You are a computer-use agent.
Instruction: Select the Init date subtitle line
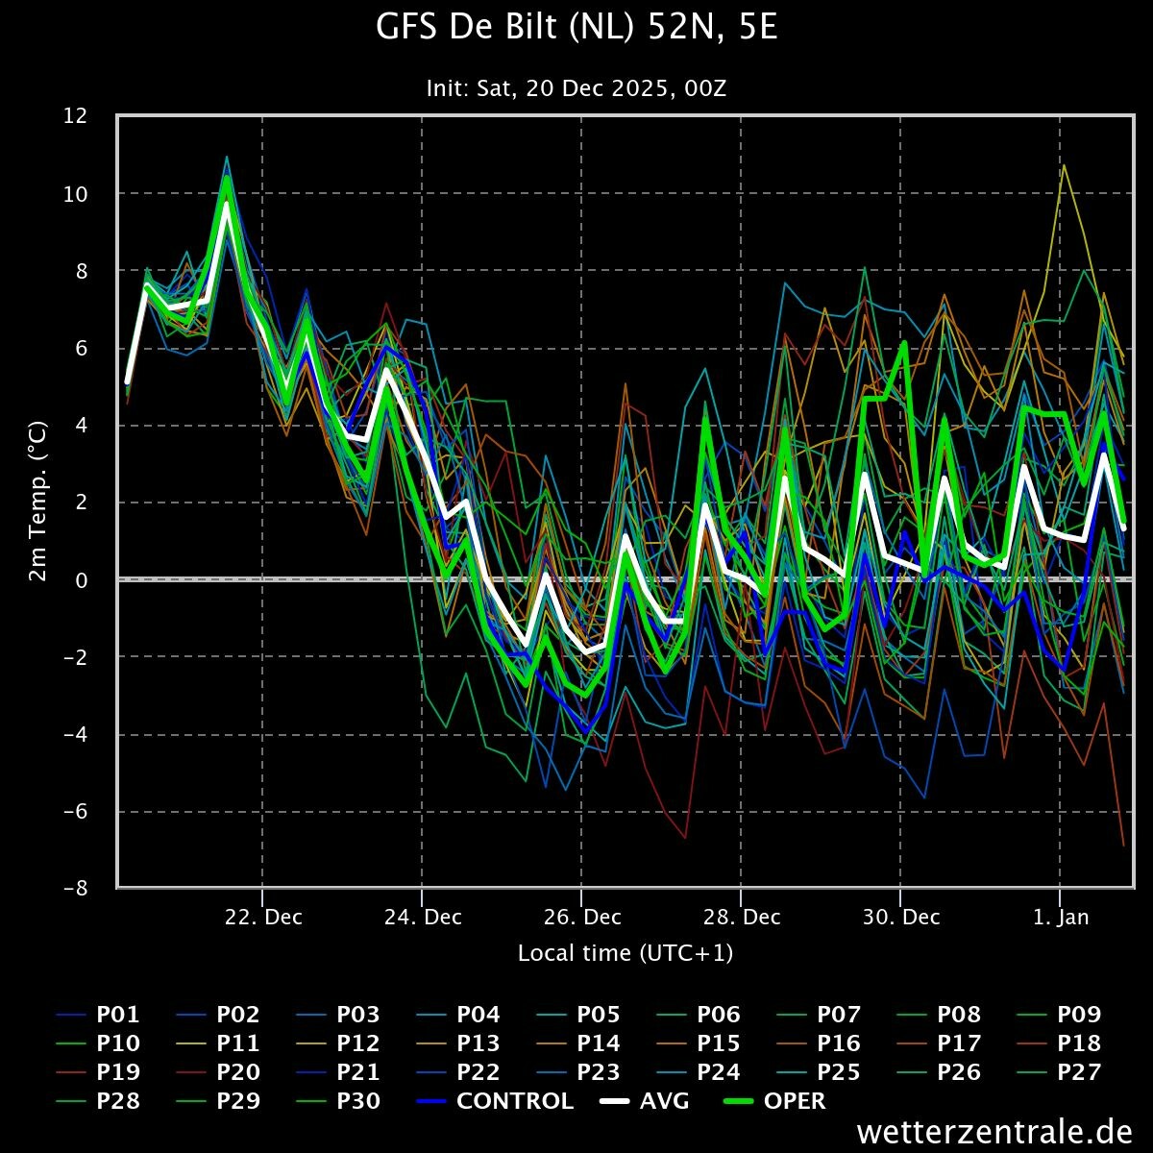(576, 88)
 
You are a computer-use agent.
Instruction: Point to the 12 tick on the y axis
(75, 115)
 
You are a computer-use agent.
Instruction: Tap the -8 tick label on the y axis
(75, 888)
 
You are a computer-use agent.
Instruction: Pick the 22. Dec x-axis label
(263, 918)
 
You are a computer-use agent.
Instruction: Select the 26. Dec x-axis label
(582, 918)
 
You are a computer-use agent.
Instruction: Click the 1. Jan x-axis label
(1061, 918)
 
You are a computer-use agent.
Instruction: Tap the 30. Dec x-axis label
(901, 918)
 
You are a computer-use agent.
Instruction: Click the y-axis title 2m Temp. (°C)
(37, 502)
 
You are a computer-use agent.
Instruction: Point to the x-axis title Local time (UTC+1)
(626, 953)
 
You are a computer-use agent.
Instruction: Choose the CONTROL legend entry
(495, 1101)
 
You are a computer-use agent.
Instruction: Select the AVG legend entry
(645, 1101)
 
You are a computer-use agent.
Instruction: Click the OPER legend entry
(774, 1101)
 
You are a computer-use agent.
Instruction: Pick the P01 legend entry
(98, 1015)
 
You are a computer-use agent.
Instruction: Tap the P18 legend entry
(1059, 1043)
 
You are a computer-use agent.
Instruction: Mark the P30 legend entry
(338, 1101)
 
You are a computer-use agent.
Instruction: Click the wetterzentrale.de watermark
(994, 1132)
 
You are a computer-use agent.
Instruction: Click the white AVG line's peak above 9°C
(226, 204)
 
